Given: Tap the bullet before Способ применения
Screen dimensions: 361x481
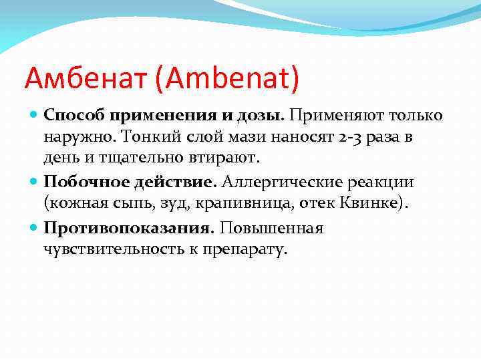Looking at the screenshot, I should click(x=35, y=115).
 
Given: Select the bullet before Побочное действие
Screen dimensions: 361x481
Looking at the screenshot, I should click(x=35, y=182).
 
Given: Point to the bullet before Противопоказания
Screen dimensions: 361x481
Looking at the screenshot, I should click(x=35, y=227).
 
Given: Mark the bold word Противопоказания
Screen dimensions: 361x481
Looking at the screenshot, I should click(x=127, y=228).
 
